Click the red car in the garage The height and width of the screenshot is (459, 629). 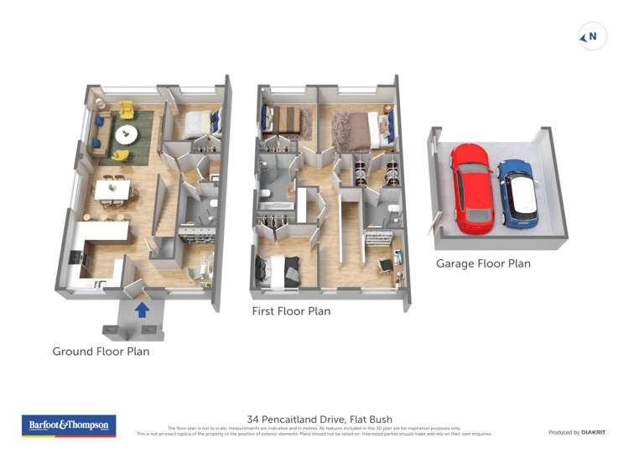coord(471,188)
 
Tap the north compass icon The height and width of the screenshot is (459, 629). coord(593,37)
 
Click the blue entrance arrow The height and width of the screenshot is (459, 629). coord(143,310)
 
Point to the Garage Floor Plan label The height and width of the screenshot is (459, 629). coord(483,263)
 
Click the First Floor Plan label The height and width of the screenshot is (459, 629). coord(291,311)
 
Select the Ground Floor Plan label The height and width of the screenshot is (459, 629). coord(101,352)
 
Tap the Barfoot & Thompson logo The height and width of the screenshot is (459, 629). coord(68,425)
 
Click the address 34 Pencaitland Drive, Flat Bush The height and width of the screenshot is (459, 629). coord(320,420)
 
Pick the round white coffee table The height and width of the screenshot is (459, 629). coord(128,133)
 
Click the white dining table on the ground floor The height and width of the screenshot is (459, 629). coord(112,191)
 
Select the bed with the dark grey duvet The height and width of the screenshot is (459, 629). coord(280,270)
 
